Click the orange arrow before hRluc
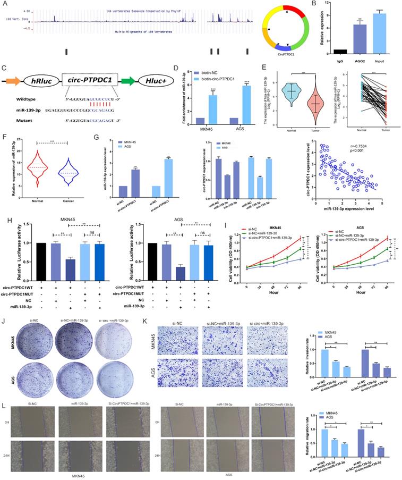tap(13, 81)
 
